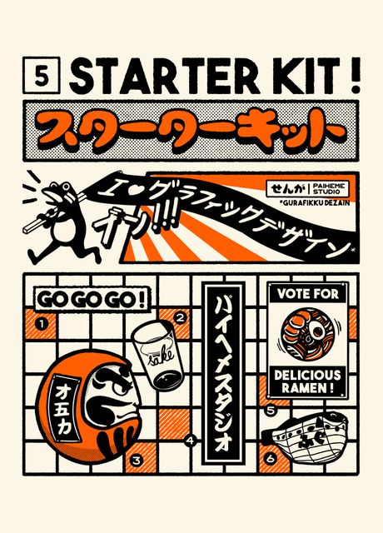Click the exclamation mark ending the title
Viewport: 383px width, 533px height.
click(x=356, y=77)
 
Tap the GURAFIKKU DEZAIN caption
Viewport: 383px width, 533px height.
click(x=317, y=202)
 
